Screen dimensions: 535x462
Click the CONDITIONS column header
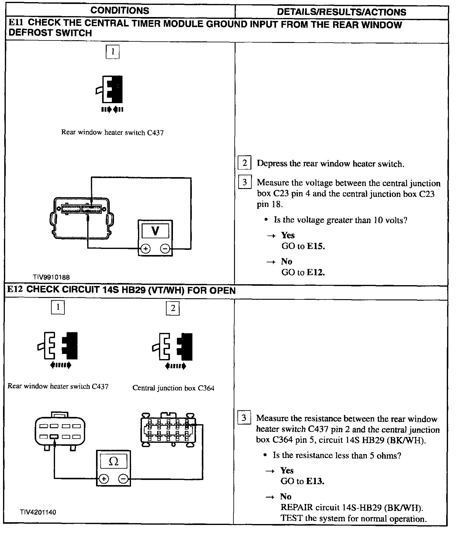[x=120, y=11]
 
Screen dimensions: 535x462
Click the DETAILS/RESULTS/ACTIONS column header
[x=341, y=12]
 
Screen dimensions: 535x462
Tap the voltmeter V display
[x=155, y=231]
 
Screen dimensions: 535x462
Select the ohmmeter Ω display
[x=113, y=462]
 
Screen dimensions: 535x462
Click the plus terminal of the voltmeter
[x=146, y=249]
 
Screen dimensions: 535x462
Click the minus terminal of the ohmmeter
[x=123, y=479]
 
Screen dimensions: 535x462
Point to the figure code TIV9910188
[x=51, y=277]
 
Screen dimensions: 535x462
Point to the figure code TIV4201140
[x=38, y=512]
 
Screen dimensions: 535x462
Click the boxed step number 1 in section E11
[x=112, y=52]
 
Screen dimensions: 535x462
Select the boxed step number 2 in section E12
[x=173, y=308]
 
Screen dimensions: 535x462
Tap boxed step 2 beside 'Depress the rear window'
[x=244, y=163]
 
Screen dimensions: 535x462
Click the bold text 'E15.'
[x=316, y=246]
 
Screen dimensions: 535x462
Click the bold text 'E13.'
[x=315, y=481]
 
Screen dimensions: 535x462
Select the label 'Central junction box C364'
[x=173, y=388]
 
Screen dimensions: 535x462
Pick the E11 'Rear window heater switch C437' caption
[x=112, y=132]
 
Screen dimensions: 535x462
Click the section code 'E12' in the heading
[x=15, y=289]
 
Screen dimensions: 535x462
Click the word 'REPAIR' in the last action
[x=296, y=507]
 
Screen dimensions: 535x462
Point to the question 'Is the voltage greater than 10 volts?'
[x=340, y=220]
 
